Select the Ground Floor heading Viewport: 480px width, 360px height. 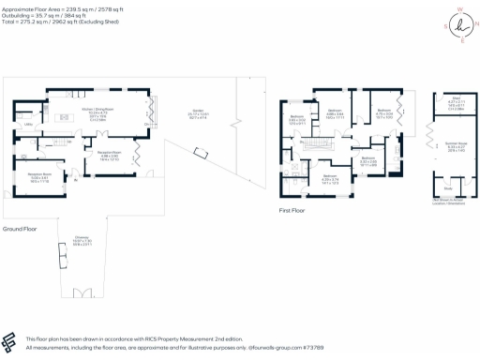[x=20, y=228]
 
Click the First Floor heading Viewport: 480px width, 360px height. [x=292, y=211]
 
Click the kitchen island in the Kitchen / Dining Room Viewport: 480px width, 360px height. [x=67, y=118]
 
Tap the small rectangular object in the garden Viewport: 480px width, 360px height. [x=198, y=153]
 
